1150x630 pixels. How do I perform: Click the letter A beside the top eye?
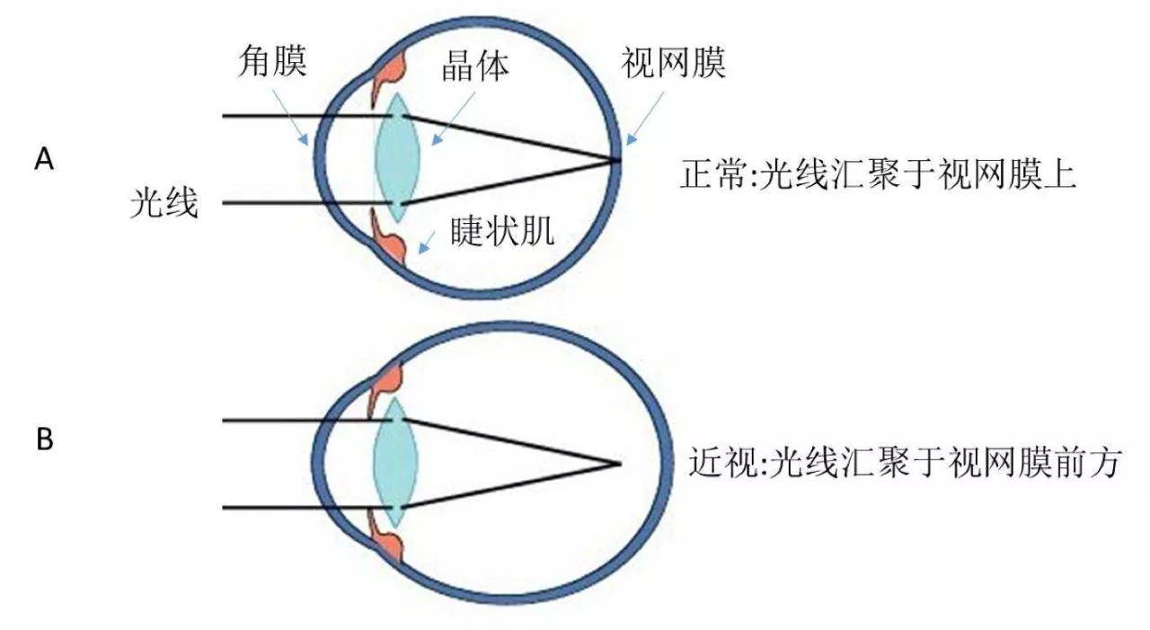pyautogui.click(x=44, y=159)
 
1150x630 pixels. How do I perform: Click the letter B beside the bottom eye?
pyautogui.click(x=45, y=440)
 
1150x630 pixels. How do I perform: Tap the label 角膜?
pyautogui.click(x=272, y=60)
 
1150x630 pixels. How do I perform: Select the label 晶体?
pyautogui.click(x=475, y=66)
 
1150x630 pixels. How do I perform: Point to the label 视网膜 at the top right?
pyautogui.click(x=674, y=62)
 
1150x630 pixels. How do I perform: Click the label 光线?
pyautogui.click(x=164, y=203)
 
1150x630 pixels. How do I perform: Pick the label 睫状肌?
pyautogui.click(x=502, y=231)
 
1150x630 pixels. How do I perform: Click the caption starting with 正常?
pyautogui.click(x=878, y=175)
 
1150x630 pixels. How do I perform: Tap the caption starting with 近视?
pyautogui.click(x=904, y=463)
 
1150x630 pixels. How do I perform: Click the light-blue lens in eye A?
pyautogui.click(x=397, y=157)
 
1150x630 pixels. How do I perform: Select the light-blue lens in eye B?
pyautogui.click(x=395, y=462)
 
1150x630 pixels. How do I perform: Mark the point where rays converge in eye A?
pyautogui.click(x=617, y=160)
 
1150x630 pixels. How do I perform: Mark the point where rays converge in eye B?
pyautogui.click(x=619, y=464)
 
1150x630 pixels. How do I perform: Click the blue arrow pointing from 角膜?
pyautogui.click(x=290, y=118)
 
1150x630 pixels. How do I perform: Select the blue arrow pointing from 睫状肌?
pyautogui.click(x=426, y=243)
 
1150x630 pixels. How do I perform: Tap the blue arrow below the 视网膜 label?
pyautogui.click(x=645, y=119)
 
